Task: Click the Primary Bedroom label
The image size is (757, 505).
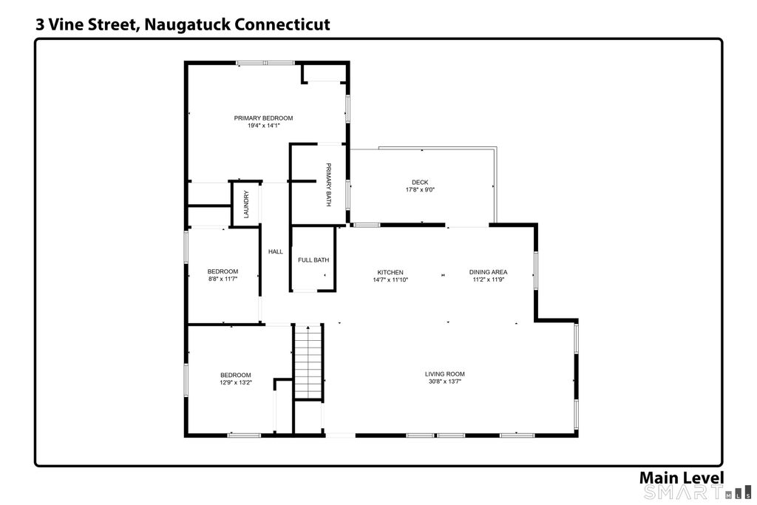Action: pyautogui.click(x=263, y=118)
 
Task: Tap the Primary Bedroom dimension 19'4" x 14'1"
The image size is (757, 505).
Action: pyautogui.click(x=264, y=126)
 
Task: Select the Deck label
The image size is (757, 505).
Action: pyautogui.click(x=420, y=182)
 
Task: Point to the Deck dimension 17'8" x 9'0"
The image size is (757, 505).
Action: pyautogui.click(x=420, y=190)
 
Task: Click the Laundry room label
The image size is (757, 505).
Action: pyautogui.click(x=246, y=204)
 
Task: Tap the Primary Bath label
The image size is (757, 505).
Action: pyautogui.click(x=328, y=184)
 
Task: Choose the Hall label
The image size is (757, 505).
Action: pyautogui.click(x=276, y=251)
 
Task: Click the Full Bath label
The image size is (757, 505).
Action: pyautogui.click(x=313, y=260)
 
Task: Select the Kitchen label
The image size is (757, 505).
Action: pyautogui.click(x=390, y=272)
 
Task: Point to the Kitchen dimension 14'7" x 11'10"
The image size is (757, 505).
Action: pyautogui.click(x=390, y=279)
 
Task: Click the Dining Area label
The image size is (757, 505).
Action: pyautogui.click(x=488, y=272)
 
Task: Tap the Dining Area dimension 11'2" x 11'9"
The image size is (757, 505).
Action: pyautogui.click(x=488, y=279)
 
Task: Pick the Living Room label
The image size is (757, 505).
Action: pyautogui.click(x=444, y=373)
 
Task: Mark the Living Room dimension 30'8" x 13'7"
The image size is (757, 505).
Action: pyautogui.click(x=444, y=382)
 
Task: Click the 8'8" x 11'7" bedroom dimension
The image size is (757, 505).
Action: pyautogui.click(x=223, y=279)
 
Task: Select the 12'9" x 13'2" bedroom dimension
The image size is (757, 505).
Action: pyautogui.click(x=236, y=382)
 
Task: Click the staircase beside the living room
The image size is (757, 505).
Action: pyautogui.click(x=308, y=362)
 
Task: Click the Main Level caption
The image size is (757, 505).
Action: pyautogui.click(x=681, y=478)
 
